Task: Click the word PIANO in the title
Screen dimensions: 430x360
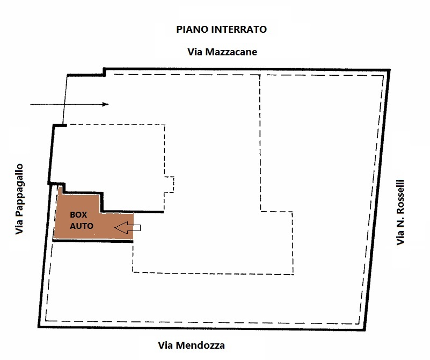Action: pyautogui.click(x=188, y=30)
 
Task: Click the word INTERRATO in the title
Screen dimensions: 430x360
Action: pyautogui.click(x=236, y=30)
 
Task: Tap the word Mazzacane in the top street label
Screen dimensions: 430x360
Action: pyautogui.click(x=231, y=52)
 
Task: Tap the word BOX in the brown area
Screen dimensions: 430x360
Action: pyautogui.click(x=78, y=214)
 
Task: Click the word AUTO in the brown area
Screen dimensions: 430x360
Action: pyautogui.click(x=82, y=226)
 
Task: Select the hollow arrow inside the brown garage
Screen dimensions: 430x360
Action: pyautogui.click(x=128, y=228)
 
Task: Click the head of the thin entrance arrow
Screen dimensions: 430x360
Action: pyautogui.click(x=106, y=104)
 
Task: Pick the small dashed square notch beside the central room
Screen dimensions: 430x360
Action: pyautogui.click(x=169, y=184)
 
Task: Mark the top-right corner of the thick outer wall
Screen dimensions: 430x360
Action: pyautogui.click(x=389, y=70)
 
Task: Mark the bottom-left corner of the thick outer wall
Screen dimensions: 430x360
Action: pyautogui.click(x=39, y=327)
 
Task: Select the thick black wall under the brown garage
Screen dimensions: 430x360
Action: pyautogui.click(x=93, y=241)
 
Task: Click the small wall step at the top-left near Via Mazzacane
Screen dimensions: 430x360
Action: pyautogui.click(x=104, y=72)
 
